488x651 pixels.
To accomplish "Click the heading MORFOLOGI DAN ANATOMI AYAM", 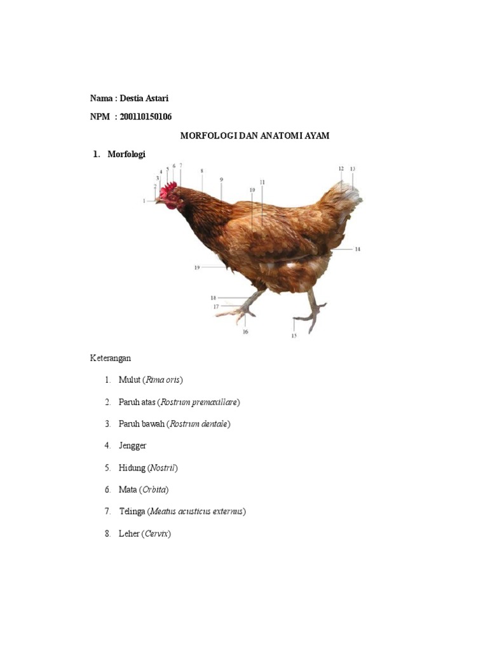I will coord(255,136).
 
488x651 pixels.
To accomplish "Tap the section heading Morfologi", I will coord(126,154).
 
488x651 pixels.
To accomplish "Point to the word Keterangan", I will coord(110,358).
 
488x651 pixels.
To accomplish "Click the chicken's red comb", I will coord(170,189).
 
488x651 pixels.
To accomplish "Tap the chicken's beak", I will coord(159,200).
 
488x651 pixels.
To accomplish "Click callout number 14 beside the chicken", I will coord(358,249).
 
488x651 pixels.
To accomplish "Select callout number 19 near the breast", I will coord(197,268).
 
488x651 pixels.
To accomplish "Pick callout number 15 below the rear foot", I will coord(294,336).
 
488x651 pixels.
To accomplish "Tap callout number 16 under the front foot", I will coord(245,331).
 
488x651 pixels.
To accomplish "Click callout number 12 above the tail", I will coord(341,168).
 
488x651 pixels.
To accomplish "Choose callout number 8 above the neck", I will coord(202,170).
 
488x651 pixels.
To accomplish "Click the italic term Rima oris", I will coord(163,380).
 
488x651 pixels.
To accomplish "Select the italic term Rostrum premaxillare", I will coord(199,402).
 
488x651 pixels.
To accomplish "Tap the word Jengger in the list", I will coord(132,446).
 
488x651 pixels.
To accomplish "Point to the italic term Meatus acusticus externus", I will coord(196,512).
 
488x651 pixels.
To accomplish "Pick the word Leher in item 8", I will coord(128,534).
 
